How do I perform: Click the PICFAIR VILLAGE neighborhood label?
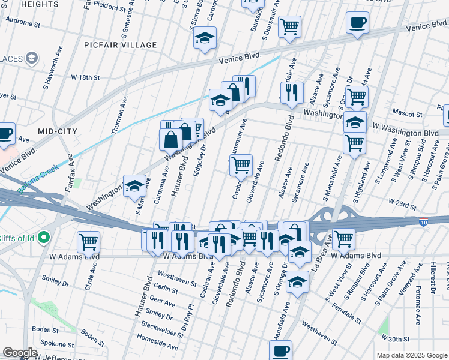(121, 45)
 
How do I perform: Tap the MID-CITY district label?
(59, 130)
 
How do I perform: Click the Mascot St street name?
(408, 112)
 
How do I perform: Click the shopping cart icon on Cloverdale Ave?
(241, 166)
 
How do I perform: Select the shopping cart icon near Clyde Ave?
(88, 242)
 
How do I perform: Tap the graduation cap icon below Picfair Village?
(205, 38)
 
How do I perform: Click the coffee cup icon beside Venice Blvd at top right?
(357, 23)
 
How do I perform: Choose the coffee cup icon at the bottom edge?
(280, 350)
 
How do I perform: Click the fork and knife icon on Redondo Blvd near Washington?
(292, 92)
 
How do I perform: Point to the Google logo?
(20, 353)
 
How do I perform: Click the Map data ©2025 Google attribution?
(412, 355)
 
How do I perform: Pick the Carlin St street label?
(166, 289)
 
